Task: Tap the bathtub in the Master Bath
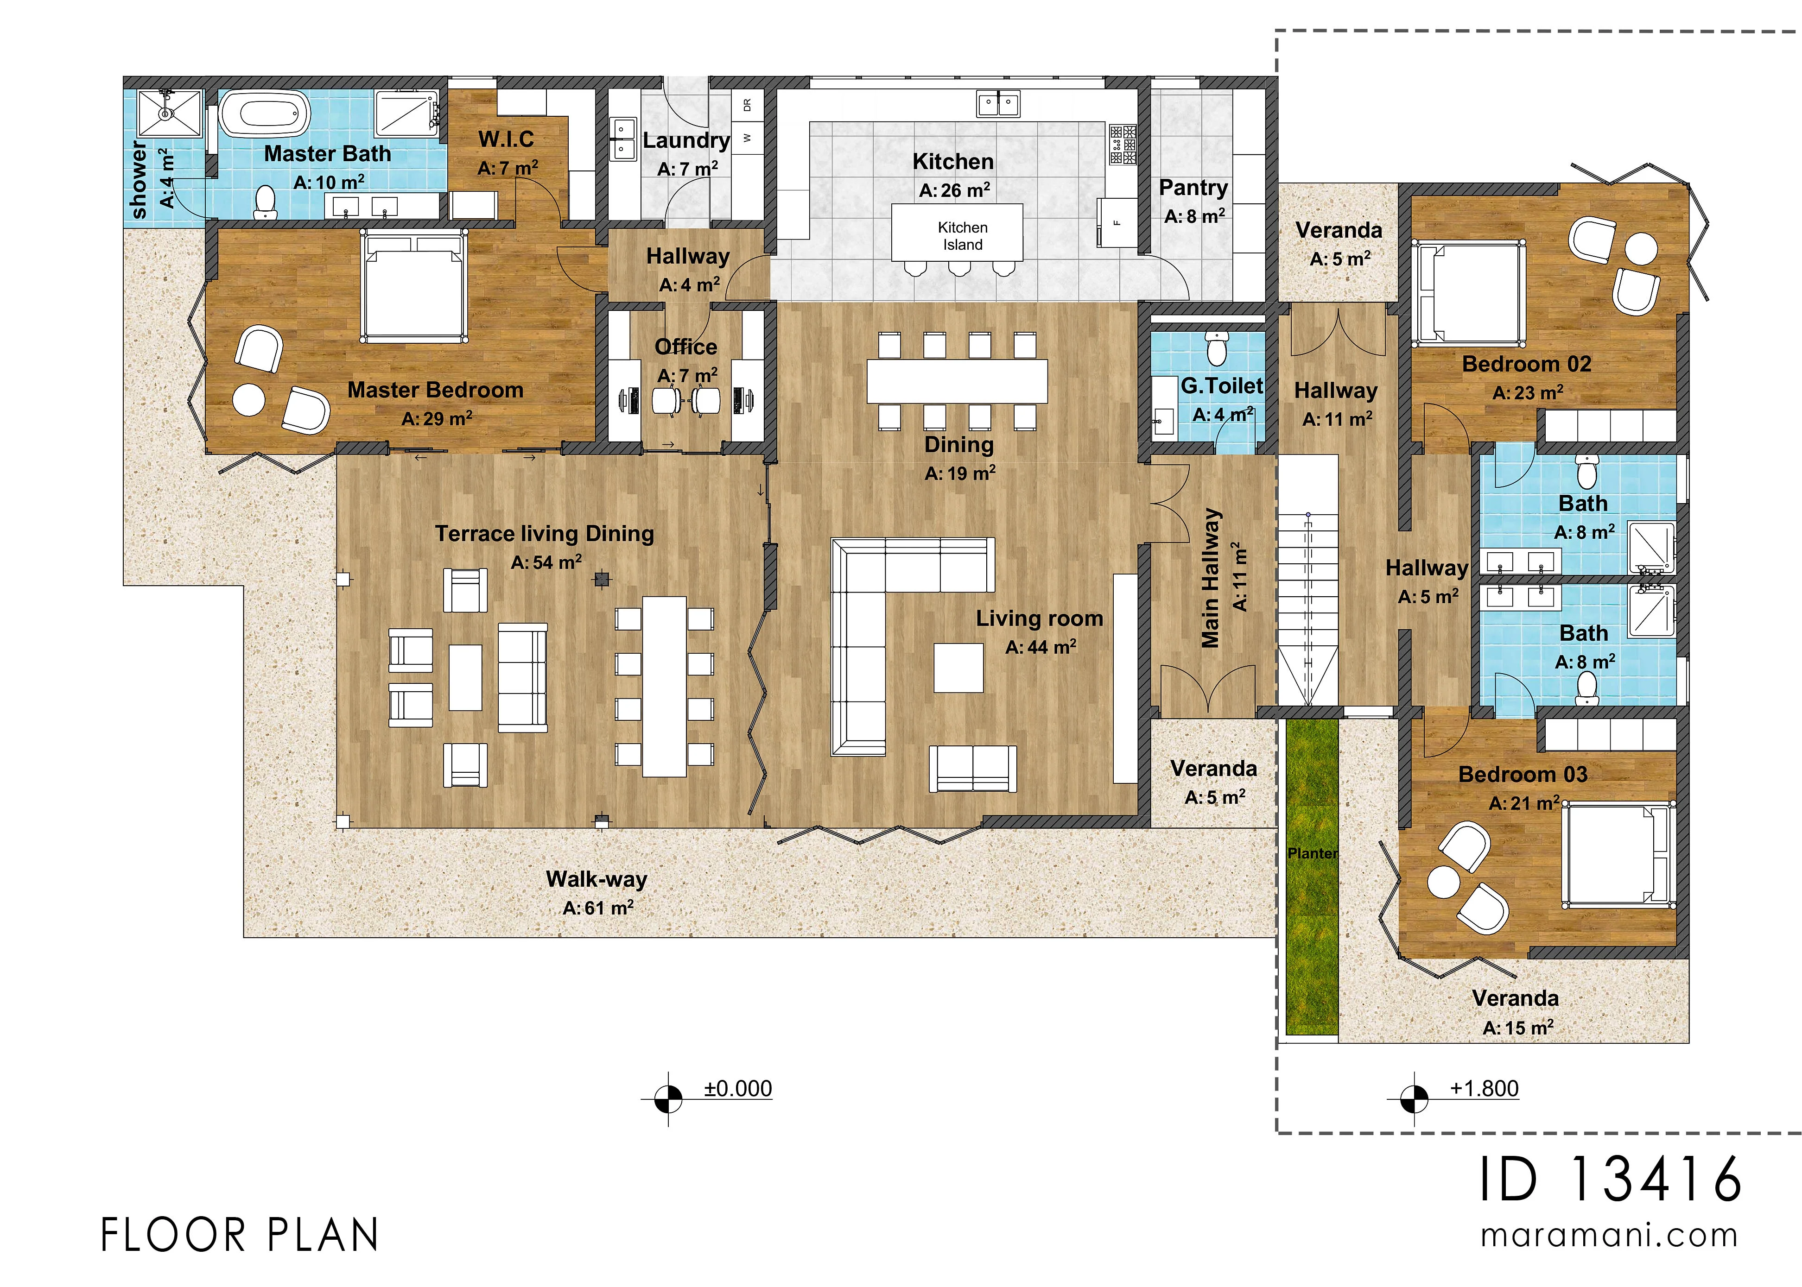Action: point(264,115)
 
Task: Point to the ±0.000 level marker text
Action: point(738,1089)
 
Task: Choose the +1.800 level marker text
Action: point(1484,1089)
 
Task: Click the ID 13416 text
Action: point(1610,1179)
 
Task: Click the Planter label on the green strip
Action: point(1312,853)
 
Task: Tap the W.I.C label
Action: point(507,139)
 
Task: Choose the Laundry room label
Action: point(686,140)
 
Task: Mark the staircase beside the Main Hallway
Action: point(1308,579)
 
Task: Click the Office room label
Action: point(686,347)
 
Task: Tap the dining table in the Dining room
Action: point(957,381)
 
